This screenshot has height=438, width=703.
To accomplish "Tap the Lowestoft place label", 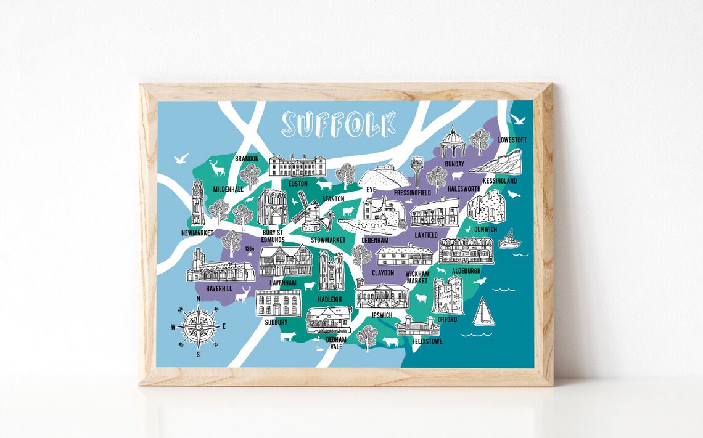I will [x=512, y=140].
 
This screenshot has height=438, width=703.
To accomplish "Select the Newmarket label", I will [x=197, y=233].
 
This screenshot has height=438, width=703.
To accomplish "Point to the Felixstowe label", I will [x=428, y=341].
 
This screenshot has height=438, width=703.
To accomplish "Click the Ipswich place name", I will [x=382, y=315].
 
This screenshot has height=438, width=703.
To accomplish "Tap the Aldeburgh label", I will [x=466, y=270].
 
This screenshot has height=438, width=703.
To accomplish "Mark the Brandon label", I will [x=247, y=158].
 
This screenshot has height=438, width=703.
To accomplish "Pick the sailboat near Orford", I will [x=483, y=312].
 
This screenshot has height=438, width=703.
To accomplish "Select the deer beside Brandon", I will [x=217, y=168].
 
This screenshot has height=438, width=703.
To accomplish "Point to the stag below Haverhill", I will [x=244, y=294].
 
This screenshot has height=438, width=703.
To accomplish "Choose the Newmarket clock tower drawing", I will [x=198, y=203].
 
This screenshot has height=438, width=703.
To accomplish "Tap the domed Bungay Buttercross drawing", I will [x=452, y=143].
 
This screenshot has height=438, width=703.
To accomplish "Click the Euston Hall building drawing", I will [x=297, y=166].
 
